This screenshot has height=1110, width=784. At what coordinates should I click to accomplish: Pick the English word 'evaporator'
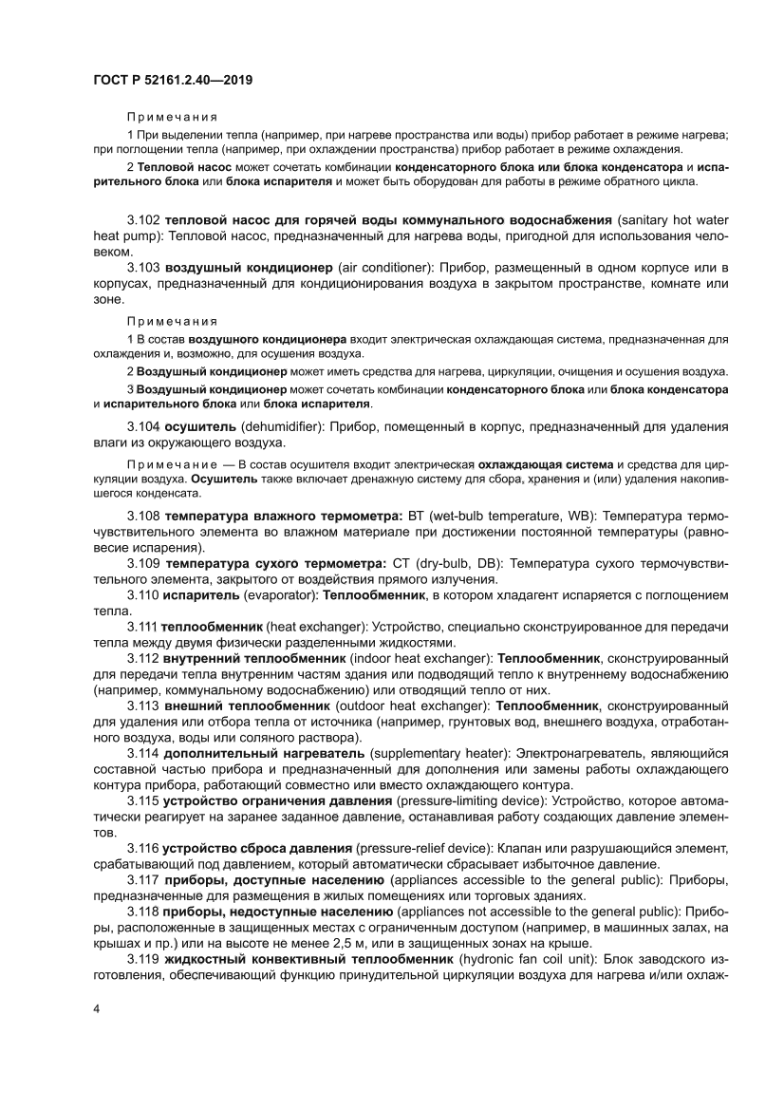point(282,595)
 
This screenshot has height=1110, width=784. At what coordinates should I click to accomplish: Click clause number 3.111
point(142,627)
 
